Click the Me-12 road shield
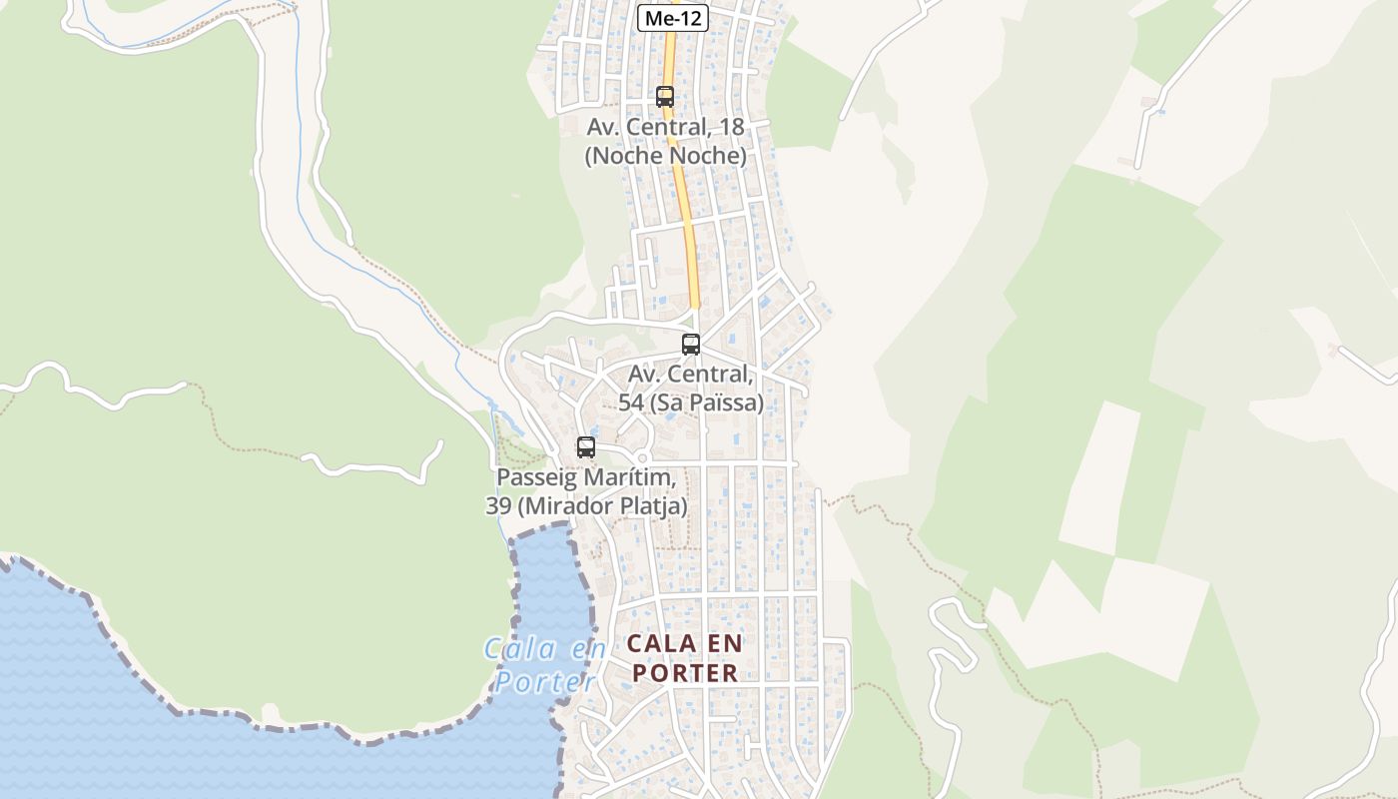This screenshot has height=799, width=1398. pyautogui.click(x=673, y=18)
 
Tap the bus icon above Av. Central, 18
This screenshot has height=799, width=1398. pyautogui.click(x=665, y=97)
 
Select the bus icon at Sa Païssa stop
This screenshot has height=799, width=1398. pyautogui.click(x=690, y=345)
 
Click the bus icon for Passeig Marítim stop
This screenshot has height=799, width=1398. pyautogui.click(x=586, y=447)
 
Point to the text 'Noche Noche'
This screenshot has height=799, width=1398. pyautogui.click(x=665, y=156)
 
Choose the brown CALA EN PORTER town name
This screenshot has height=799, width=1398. pyautogui.click(x=685, y=658)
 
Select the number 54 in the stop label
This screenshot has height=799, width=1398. pyautogui.click(x=631, y=402)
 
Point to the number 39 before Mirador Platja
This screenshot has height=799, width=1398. pyautogui.click(x=498, y=506)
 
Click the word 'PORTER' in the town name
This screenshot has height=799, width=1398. pyautogui.click(x=685, y=673)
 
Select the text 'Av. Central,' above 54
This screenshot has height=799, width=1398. pyautogui.click(x=690, y=375)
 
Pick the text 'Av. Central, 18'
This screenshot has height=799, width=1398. pyautogui.click(x=665, y=127)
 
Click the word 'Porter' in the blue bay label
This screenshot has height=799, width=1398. pyautogui.click(x=545, y=682)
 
